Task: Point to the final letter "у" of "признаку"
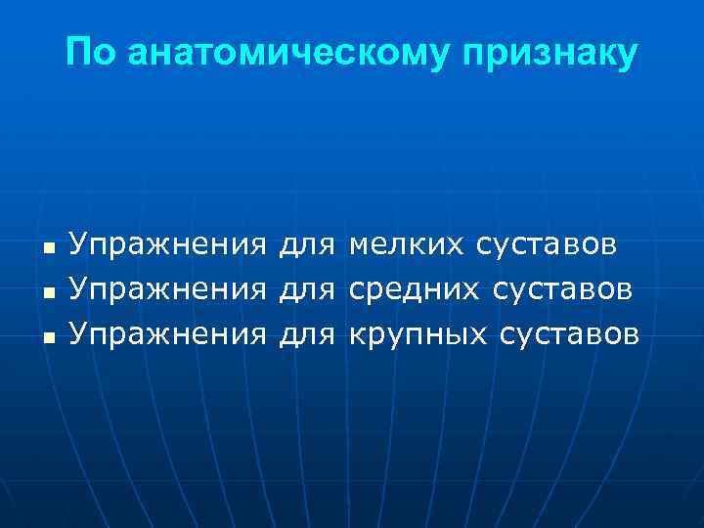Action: click(626, 57)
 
